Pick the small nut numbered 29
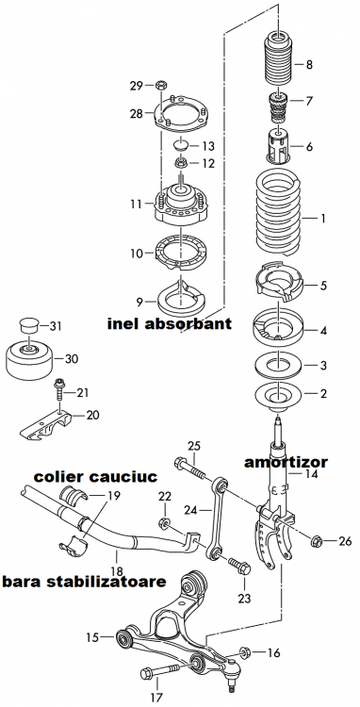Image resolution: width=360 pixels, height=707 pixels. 161,88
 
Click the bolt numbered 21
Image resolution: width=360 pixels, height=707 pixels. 60,385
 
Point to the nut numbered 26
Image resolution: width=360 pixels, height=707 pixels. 318,541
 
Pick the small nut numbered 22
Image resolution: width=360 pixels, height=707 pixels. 164,521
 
